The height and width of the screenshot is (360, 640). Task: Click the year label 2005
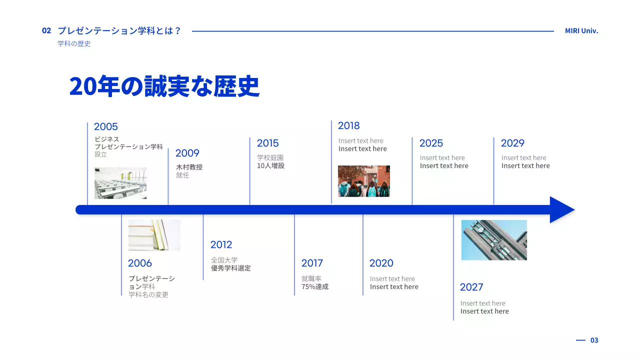[x=106, y=127]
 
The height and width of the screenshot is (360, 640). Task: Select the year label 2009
[x=187, y=153]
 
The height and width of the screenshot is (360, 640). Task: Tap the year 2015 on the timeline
[x=268, y=143]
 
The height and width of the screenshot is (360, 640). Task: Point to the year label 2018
[x=349, y=126]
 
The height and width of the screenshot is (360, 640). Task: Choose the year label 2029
[x=512, y=143]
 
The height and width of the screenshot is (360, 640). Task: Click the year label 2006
[x=140, y=263]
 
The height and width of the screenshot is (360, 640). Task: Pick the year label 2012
[x=221, y=245]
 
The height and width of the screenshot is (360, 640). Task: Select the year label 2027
[x=471, y=287]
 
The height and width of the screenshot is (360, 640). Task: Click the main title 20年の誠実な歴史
[x=164, y=86]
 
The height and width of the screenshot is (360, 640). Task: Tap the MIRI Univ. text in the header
[x=581, y=31]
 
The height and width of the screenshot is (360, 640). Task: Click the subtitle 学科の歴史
[x=74, y=44]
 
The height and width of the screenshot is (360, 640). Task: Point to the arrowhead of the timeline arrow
[x=562, y=209]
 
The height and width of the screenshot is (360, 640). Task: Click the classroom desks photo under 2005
[x=120, y=183]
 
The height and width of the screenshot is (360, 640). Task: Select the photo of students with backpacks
[x=364, y=181]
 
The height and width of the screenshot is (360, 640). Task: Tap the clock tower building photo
[x=494, y=240]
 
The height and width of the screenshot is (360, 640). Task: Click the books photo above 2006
[x=154, y=235]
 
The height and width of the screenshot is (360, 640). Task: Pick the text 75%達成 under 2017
[x=315, y=287]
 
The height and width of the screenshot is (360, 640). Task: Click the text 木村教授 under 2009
[x=189, y=167]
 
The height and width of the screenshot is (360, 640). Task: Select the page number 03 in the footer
[x=594, y=340]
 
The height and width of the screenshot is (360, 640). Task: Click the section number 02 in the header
[x=46, y=31]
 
